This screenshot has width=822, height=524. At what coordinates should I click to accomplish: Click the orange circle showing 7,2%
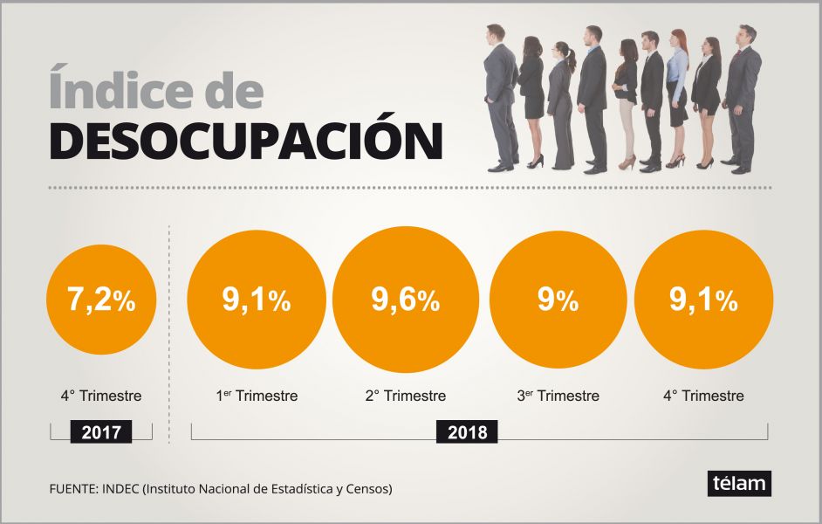click(x=101, y=300)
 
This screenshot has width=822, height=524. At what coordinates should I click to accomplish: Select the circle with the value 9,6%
click(x=406, y=300)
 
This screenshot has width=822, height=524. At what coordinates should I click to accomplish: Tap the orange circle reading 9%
click(x=558, y=300)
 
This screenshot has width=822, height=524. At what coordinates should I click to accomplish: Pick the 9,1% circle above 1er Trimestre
click(x=257, y=300)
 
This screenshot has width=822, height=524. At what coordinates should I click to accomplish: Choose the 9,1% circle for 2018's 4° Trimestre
click(x=703, y=300)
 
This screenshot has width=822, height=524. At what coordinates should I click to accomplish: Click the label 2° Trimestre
click(x=406, y=396)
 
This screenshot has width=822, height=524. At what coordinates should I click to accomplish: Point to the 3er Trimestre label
click(x=558, y=396)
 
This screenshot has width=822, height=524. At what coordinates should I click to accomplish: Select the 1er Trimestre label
click(x=257, y=396)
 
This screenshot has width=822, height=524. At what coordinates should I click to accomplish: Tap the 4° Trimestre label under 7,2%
click(x=101, y=396)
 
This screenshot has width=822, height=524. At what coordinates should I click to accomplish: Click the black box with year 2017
click(x=101, y=431)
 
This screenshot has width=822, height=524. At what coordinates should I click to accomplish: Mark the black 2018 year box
click(x=467, y=431)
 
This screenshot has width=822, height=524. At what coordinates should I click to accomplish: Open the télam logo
click(x=739, y=483)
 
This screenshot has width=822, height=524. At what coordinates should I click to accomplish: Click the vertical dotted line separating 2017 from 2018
click(x=168, y=332)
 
